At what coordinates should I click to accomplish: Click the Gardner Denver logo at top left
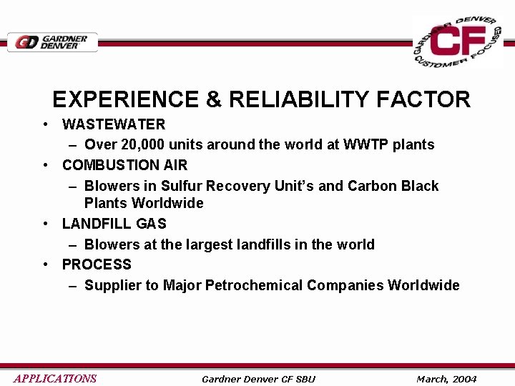tap(52, 42)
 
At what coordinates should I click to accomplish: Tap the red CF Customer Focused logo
tap(458, 42)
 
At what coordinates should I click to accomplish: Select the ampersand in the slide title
tap(214, 99)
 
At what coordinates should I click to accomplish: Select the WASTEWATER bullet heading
tap(114, 124)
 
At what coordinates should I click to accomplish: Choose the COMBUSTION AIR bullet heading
tap(124, 165)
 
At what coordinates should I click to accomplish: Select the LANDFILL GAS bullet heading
tap(114, 224)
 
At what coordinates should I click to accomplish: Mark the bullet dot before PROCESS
tap(46, 264)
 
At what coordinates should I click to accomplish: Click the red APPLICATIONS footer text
tap(55, 378)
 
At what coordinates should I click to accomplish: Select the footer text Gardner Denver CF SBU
tap(258, 379)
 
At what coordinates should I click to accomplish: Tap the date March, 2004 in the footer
tap(446, 379)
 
